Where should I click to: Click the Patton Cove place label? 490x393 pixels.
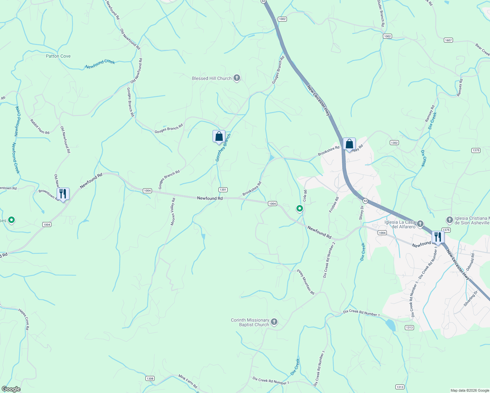point(58,56)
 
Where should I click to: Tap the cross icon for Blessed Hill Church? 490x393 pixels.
point(237,78)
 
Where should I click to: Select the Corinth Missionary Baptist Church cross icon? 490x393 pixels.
point(274,322)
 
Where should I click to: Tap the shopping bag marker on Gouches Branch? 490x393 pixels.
point(219,136)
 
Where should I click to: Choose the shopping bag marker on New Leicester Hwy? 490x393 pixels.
point(349,144)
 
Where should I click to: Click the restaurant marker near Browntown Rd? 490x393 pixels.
point(63,194)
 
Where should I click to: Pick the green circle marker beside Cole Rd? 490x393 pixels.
point(299,208)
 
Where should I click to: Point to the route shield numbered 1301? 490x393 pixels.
point(223,190)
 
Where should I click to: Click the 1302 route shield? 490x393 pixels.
point(394,142)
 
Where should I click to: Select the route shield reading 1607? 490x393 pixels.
point(448,40)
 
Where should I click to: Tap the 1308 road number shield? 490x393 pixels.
point(150,379)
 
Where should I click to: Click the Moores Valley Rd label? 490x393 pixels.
point(173,212)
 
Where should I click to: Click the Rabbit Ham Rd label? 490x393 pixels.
point(40,127)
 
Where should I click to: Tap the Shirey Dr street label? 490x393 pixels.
point(362,213)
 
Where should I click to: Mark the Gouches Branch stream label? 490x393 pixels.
point(223,147)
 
